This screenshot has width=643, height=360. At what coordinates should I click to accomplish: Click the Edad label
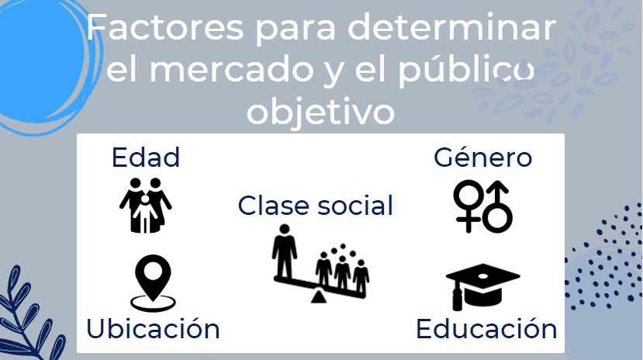(x=146, y=157)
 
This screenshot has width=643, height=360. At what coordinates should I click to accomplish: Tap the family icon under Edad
(x=145, y=205)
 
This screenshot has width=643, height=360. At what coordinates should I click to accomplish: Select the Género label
(x=482, y=157)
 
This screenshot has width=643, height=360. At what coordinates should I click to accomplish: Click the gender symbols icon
(x=482, y=206)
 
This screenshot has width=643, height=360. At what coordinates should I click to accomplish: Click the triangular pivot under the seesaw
(x=319, y=296)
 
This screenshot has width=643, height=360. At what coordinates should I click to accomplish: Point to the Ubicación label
(x=153, y=328)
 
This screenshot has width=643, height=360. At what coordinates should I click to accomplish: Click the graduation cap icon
(x=481, y=286)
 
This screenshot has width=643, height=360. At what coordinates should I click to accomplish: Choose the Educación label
(x=486, y=328)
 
